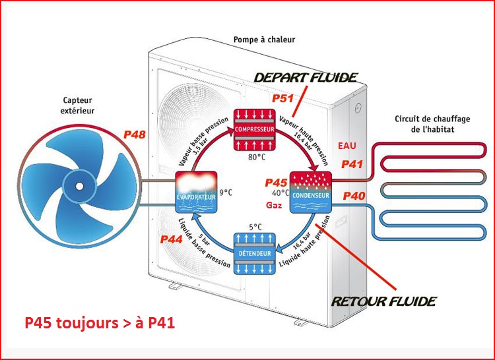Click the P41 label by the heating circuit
(352, 164)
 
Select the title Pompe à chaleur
(264, 40)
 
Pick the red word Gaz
(276, 206)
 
